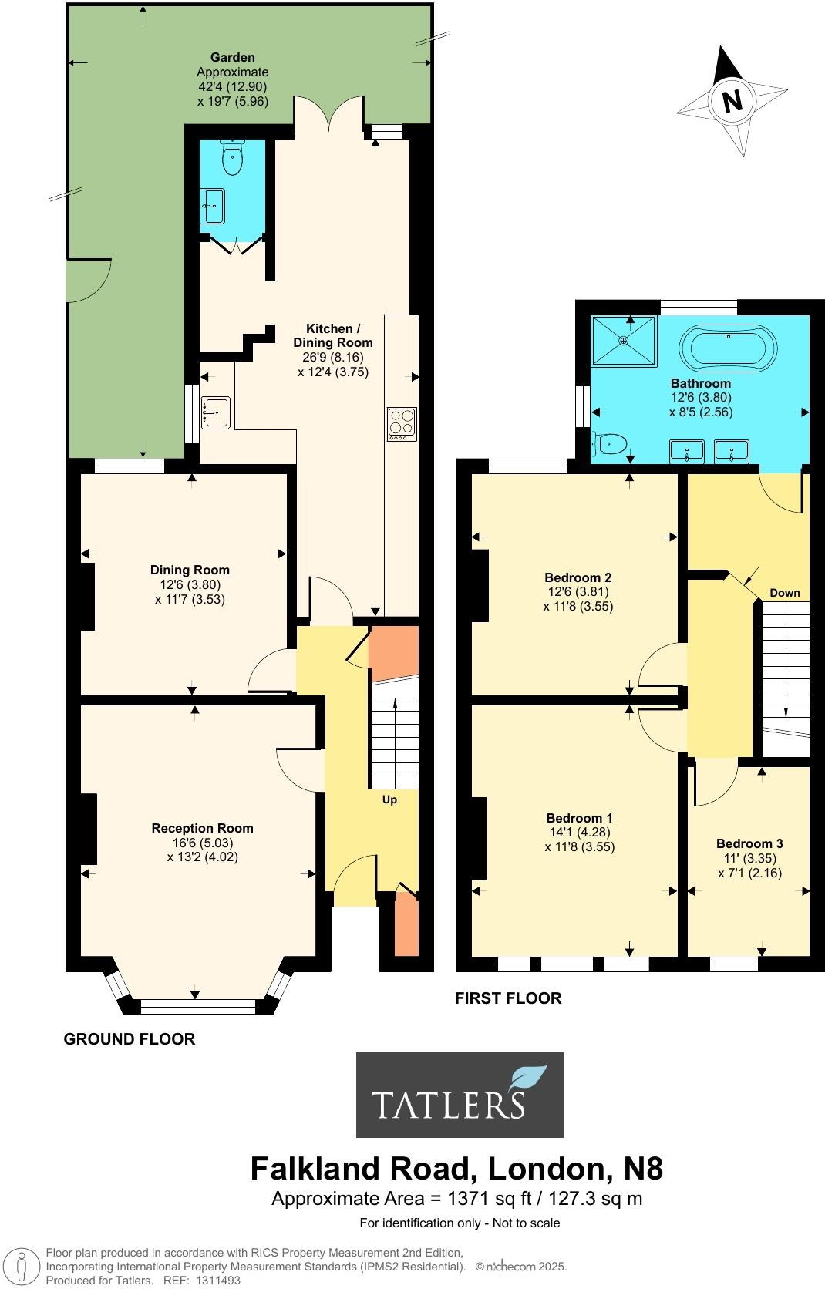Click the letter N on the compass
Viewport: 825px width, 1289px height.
732,101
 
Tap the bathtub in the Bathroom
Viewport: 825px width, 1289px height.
728,348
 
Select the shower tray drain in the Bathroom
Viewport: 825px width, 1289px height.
623,340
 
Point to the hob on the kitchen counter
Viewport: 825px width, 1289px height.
401,424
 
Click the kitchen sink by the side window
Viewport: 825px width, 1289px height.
215,412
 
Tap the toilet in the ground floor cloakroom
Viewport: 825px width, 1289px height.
231,160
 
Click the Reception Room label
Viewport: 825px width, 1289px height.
202,828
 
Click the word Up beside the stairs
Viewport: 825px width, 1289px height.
389,799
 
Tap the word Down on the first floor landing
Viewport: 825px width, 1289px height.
785,593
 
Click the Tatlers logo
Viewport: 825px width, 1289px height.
460,1095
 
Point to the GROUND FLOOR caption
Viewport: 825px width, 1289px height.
129,1038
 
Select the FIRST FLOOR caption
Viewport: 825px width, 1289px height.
507,998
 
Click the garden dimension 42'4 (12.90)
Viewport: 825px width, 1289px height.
233,86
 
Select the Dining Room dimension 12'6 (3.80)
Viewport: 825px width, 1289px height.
190,584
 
